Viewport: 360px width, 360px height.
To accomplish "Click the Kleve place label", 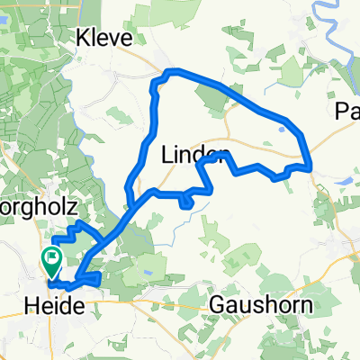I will tap(105, 38).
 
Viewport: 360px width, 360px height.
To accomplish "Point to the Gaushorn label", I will tap(260, 305).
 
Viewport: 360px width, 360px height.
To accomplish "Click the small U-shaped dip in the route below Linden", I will tap(186, 202).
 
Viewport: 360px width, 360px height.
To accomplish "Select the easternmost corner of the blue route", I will tap(310, 166).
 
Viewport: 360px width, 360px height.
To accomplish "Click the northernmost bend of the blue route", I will tap(173, 70).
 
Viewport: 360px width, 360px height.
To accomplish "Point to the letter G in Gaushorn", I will tap(217, 305).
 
